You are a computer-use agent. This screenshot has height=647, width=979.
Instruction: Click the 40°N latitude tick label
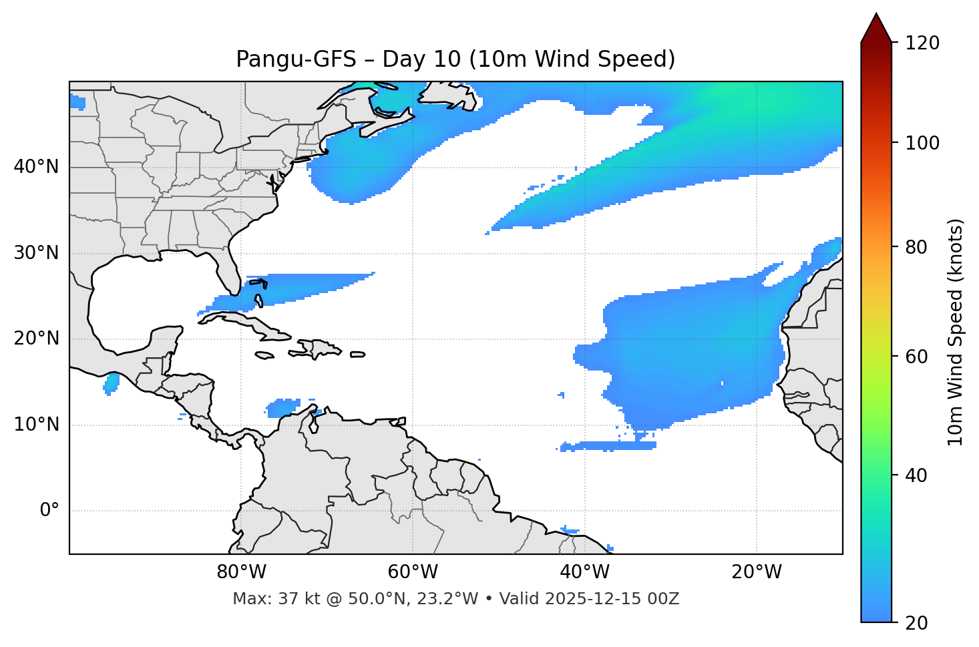coord(36,167)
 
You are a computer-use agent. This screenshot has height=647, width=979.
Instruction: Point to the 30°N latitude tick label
coord(36,253)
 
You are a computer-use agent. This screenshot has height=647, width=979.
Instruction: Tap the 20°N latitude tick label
coord(36,339)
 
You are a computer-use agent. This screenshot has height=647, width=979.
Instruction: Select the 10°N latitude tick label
coord(36,425)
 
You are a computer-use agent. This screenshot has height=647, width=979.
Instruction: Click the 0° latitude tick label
coord(49,511)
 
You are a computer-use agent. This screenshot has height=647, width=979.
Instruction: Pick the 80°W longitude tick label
coord(241,572)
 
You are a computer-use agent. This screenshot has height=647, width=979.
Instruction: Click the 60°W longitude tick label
coord(413,572)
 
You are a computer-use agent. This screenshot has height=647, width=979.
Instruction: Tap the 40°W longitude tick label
coord(584,572)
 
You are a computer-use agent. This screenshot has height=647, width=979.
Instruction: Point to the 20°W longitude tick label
coord(757,572)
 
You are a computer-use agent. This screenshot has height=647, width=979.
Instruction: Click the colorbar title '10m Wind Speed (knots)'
coord(956,332)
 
